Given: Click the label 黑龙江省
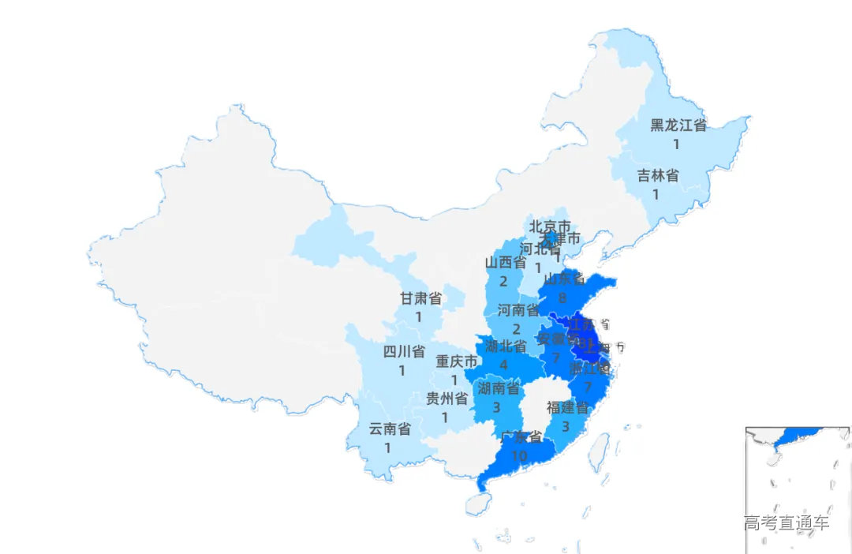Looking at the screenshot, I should [x=678, y=125].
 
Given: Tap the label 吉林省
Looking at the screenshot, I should [x=658, y=175].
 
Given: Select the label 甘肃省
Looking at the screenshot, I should [x=420, y=298].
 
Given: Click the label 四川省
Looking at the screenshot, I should [x=404, y=351].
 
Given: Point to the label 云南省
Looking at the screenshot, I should [x=390, y=429].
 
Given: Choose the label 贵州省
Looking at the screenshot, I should [x=447, y=399].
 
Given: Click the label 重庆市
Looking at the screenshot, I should [x=457, y=361].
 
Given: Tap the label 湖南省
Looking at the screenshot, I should [x=499, y=387].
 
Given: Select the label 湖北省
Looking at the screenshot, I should [x=506, y=346].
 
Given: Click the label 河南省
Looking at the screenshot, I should [x=518, y=310].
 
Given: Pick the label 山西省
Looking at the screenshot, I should [x=505, y=262].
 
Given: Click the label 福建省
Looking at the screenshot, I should [x=567, y=408].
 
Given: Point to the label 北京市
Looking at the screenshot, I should [x=550, y=226].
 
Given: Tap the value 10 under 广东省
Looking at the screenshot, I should [x=519, y=456].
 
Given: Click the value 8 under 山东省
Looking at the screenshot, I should [x=562, y=298].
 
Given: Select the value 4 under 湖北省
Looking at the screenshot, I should [x=503, y=365].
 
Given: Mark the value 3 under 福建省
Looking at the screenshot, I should [x=566, y=426].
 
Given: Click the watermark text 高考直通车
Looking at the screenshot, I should [x=786, y=522].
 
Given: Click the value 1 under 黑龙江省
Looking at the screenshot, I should [x=676, y=144].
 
